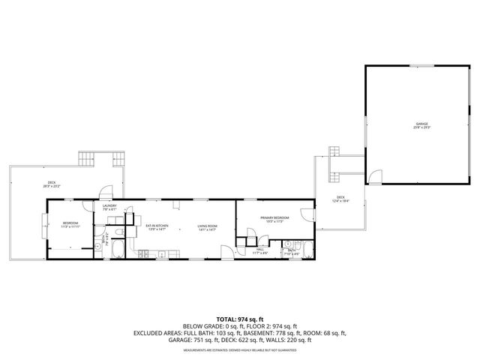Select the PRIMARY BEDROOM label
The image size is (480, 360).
[274, 217]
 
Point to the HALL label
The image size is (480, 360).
[260, 250]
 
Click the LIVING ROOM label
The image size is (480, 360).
[207, 226]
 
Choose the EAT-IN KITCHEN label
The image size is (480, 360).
[157, 226]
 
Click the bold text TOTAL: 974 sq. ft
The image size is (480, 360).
[239, 319]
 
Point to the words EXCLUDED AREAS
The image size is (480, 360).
[160, 332]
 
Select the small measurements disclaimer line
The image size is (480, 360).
[239, 349]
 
